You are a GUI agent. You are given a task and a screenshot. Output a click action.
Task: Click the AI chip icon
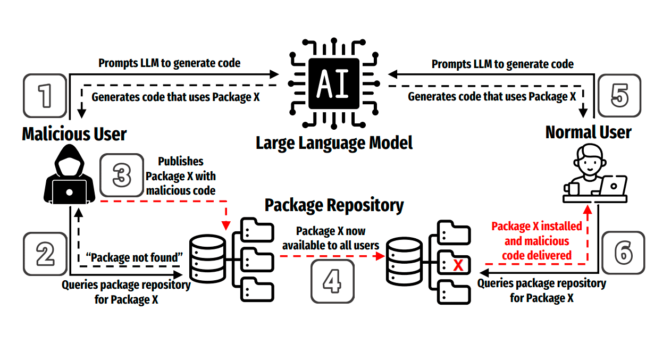[333, 85]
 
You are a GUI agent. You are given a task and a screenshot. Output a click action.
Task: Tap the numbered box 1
[46, 96]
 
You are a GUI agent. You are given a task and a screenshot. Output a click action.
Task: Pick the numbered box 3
[122, 176]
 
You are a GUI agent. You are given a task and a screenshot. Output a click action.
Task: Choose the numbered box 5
[619, 96]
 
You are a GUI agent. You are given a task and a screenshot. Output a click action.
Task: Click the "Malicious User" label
[74, 134]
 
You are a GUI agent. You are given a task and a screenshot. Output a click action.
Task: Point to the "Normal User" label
[588, 132]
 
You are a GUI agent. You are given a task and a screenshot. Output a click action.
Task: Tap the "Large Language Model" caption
[334, 143]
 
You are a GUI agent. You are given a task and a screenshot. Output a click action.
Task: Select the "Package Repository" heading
[334, 205]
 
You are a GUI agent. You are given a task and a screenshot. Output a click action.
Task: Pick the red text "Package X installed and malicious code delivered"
[536, 241]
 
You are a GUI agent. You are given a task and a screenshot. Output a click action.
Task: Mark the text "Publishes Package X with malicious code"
[181, 176]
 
